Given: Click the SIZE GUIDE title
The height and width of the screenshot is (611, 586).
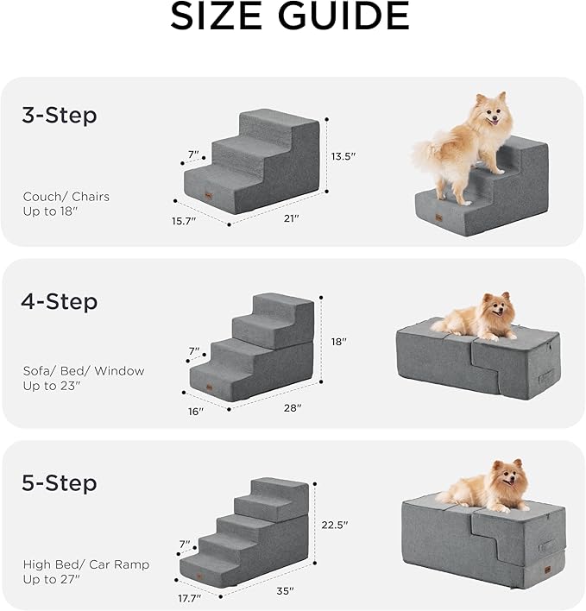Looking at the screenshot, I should (290, 17).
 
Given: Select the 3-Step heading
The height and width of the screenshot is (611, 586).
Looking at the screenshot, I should (59, 116).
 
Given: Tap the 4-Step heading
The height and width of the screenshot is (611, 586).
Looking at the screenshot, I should (59, 302).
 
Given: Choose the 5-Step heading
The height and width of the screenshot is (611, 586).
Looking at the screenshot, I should (59, 482).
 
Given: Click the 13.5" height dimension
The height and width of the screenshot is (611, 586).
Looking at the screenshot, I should (343, 156).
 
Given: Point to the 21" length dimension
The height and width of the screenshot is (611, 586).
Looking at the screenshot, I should (291, 219).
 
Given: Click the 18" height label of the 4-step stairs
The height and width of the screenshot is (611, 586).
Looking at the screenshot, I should (338, 342).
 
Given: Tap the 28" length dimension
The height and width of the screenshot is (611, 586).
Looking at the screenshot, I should (293, 407).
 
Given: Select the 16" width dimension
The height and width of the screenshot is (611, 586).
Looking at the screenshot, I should (196, 412).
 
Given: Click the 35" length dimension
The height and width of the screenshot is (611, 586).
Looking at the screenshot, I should (284, 591).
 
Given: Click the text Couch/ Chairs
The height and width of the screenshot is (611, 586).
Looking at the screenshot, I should (66, 197).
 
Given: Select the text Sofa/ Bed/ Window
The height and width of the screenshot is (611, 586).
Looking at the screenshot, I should (84, 371).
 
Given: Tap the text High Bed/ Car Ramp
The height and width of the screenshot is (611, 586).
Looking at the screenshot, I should (85, 564).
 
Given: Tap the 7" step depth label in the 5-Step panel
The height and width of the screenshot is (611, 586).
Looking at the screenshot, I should (184, 545).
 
